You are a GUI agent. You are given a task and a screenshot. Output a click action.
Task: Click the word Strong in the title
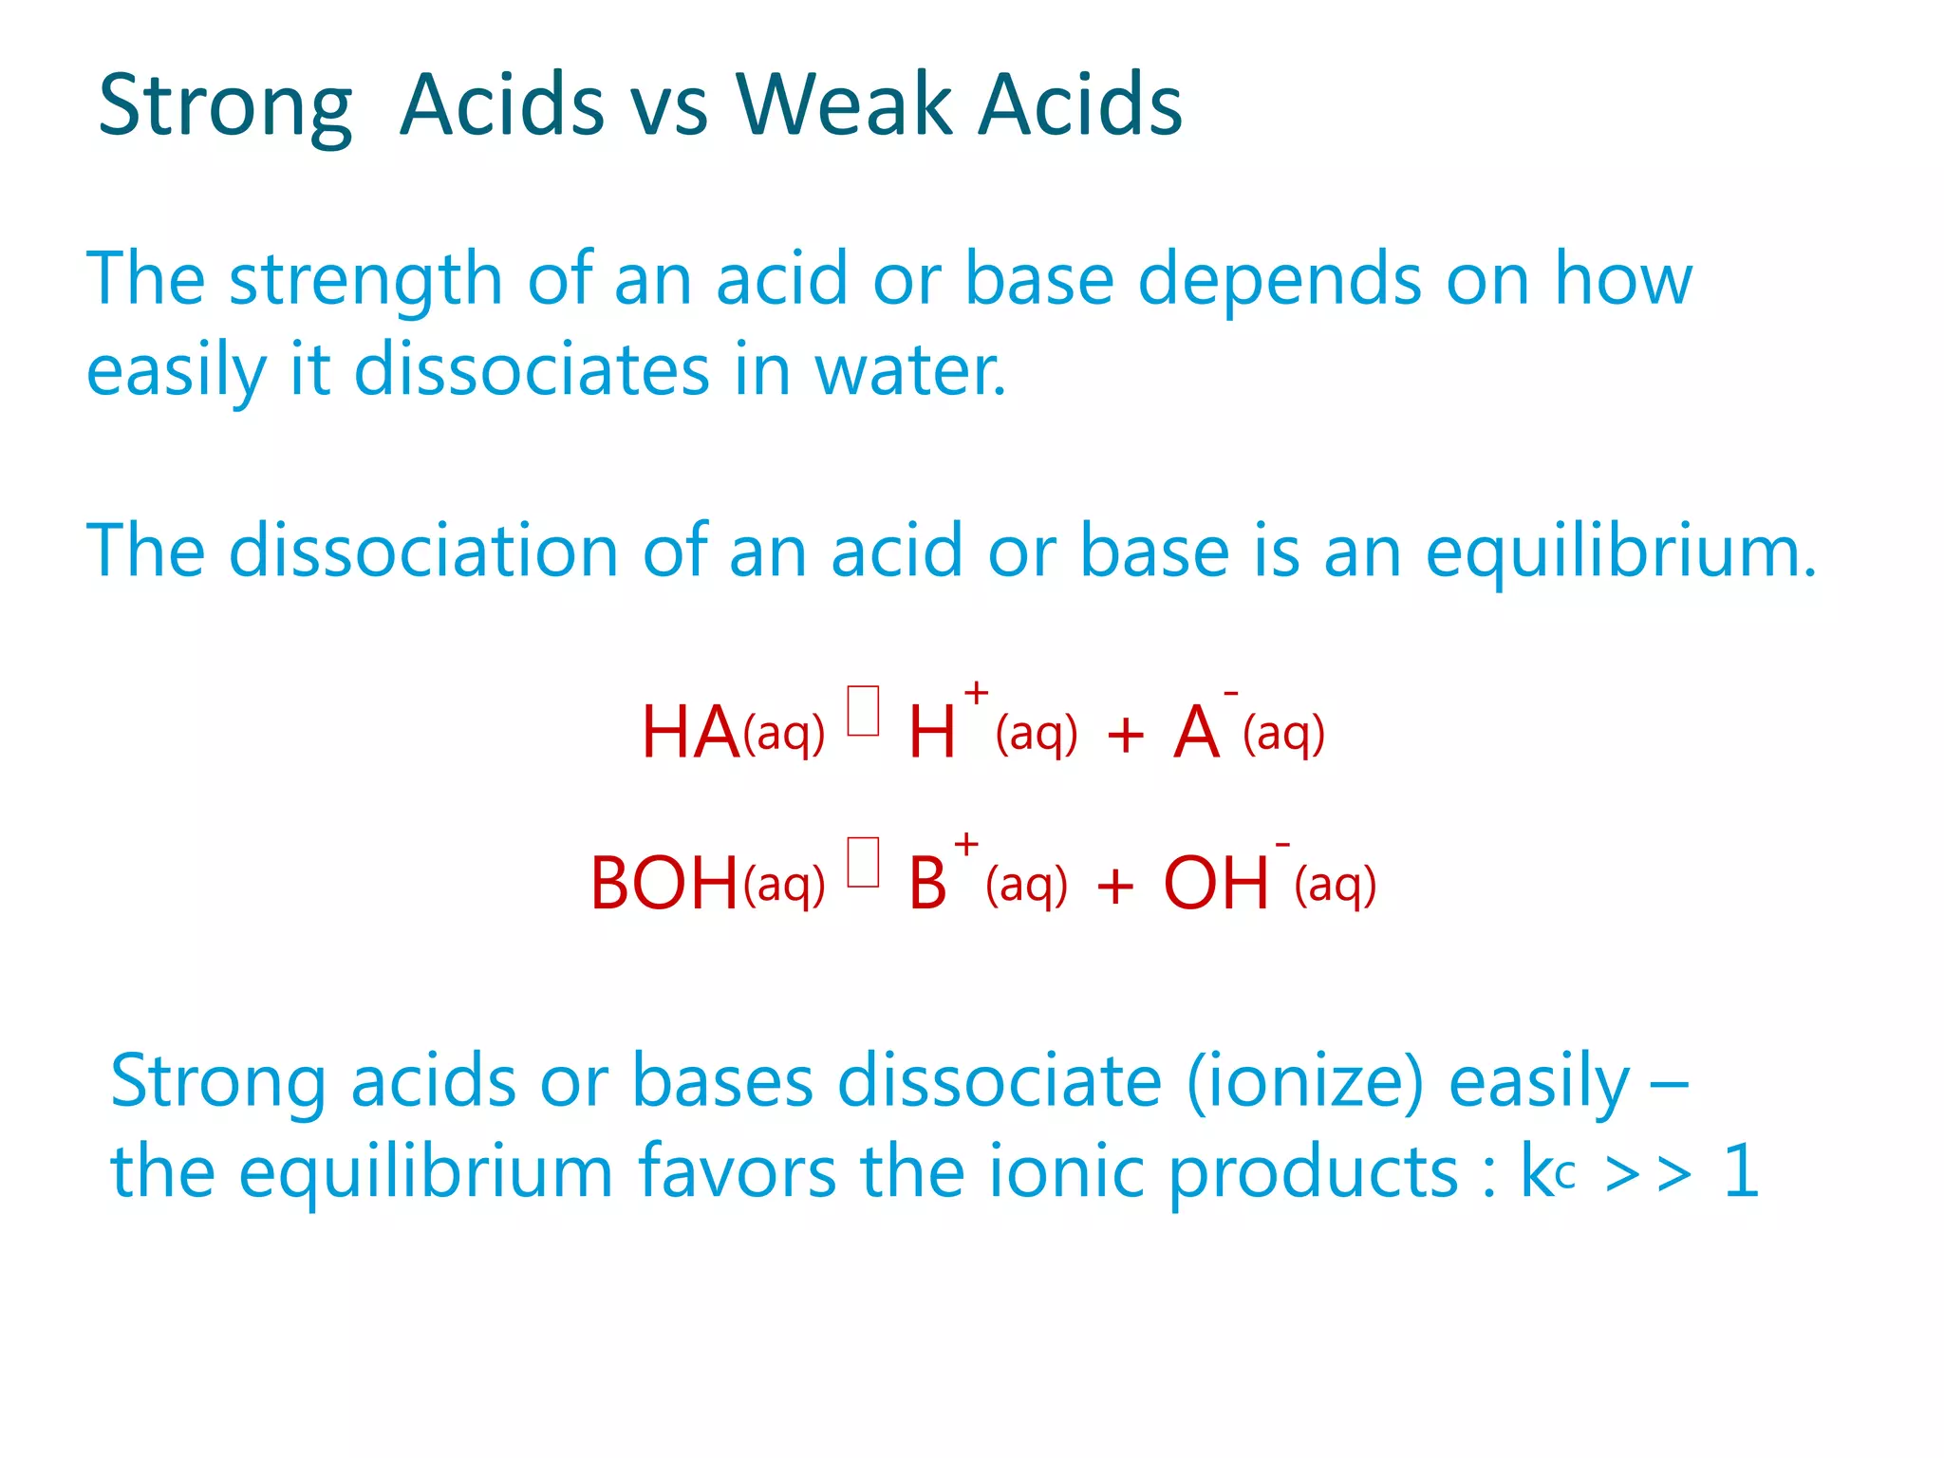coord(225,106)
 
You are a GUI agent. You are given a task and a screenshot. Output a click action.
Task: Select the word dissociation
coord(423,551)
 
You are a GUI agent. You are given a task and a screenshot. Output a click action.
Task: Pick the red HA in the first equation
coord(690,733)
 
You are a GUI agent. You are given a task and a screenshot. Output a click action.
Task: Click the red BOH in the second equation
coord(664,884)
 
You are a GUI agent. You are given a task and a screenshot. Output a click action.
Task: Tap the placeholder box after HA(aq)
coord(863,711)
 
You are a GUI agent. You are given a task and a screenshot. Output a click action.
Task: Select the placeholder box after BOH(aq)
coord(863,862)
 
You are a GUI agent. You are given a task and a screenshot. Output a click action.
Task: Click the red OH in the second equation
coord(1215,884)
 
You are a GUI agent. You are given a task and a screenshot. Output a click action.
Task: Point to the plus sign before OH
coord(1115,888)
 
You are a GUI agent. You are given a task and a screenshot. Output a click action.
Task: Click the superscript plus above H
coord(976,694)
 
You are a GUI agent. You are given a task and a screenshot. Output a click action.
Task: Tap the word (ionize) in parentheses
coord(1305,1082)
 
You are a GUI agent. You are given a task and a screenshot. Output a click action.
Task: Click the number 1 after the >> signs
coord(1741,1171)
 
